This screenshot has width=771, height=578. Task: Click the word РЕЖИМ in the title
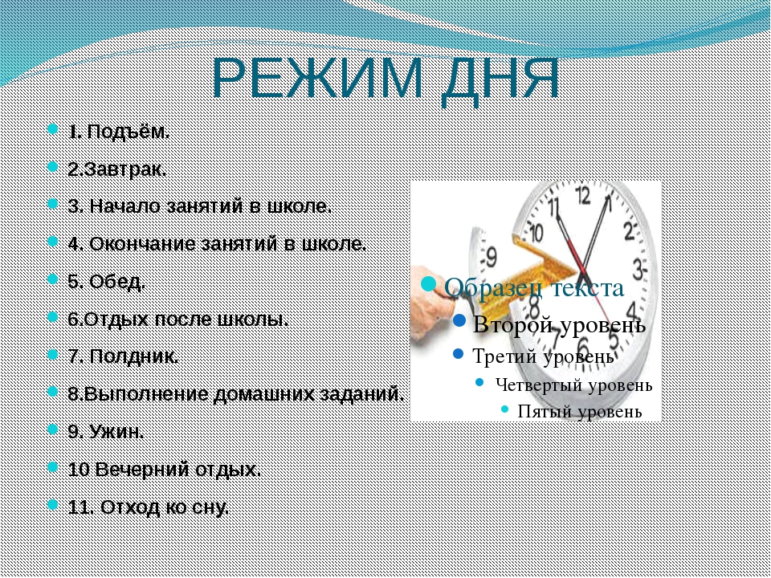317,79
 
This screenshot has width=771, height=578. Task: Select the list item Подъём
119,132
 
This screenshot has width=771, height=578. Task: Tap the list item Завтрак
117,169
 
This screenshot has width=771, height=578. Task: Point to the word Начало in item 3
126,206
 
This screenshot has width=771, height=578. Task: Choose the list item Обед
107,282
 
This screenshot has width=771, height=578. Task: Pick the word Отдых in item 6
116,320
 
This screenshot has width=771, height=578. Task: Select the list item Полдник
124,356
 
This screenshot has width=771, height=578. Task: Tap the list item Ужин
106,432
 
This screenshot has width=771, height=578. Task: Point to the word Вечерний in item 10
143,470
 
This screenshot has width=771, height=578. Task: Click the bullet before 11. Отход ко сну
53,505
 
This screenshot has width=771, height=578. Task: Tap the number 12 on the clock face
583,196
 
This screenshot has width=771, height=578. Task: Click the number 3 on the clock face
638,270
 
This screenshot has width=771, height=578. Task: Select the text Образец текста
534,288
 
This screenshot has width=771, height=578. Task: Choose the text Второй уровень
560,324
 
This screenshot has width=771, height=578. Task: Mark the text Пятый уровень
580,411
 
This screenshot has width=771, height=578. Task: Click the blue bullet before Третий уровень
459,354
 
